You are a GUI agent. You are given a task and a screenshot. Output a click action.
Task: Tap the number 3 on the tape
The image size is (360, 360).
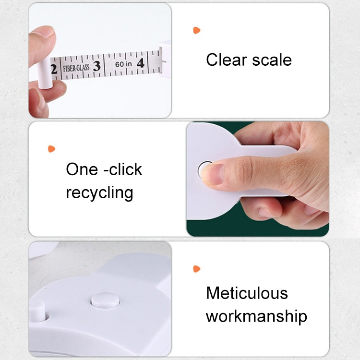(x=96, y=66)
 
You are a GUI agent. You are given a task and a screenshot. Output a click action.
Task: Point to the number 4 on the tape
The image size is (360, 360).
(x=140, y=63)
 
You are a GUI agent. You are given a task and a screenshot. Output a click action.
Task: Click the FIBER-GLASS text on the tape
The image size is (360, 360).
(x=76, y=68)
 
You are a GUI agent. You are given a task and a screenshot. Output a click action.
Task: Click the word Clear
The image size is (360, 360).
(x=226, y=60)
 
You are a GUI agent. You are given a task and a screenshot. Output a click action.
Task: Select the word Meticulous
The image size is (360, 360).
(x=247, y=293)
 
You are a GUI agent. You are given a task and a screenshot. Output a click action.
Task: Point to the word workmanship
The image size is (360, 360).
(x=256, y=316)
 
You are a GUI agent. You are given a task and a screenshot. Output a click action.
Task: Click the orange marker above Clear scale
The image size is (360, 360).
(x=196, y=30)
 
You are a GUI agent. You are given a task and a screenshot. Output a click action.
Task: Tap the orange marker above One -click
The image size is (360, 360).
(x=51, y=149)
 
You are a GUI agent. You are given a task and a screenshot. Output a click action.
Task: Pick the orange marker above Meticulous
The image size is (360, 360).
(x=196, y=269)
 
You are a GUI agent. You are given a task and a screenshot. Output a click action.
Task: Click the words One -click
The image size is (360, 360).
(x=104, y=169)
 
